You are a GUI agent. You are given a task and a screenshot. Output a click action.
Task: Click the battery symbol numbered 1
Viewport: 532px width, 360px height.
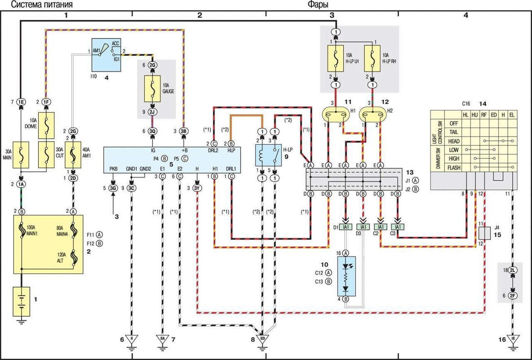point(21,301)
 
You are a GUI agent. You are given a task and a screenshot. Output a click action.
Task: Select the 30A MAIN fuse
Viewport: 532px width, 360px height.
point(21,155)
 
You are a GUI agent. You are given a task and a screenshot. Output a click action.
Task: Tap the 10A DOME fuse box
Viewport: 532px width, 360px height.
point(46,125)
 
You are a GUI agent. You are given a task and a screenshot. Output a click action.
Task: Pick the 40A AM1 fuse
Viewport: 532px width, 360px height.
point(73,155)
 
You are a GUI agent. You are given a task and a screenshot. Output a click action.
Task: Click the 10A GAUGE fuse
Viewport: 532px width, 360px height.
point(152,89)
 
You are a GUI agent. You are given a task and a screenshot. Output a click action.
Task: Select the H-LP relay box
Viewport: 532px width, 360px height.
point(268,155)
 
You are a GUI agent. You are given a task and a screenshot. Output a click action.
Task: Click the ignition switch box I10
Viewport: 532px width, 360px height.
point(106,55)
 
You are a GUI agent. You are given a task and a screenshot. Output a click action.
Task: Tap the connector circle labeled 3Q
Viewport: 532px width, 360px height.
point(152,131)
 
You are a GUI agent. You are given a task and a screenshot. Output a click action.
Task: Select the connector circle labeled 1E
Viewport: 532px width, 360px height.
point(21,102)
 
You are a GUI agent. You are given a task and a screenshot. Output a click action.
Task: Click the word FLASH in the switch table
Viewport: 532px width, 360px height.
point(454,168)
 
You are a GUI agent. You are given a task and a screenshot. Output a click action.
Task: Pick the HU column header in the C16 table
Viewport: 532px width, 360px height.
point(475,115)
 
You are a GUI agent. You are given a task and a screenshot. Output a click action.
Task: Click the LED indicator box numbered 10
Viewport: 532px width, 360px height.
point(347,276)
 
